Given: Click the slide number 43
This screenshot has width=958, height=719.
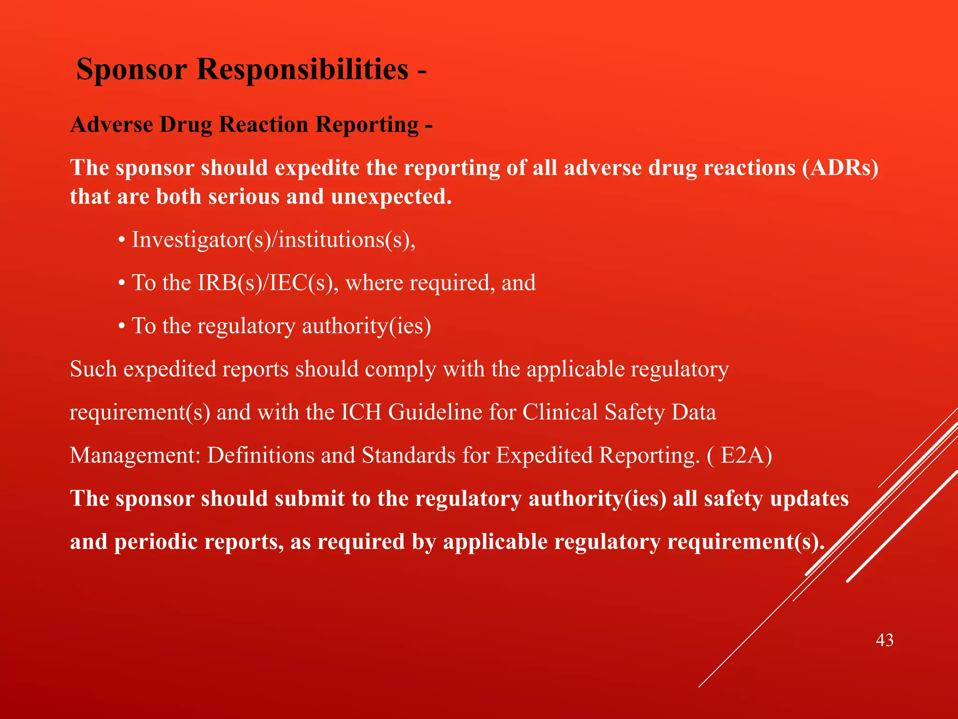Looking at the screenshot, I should point(884,640).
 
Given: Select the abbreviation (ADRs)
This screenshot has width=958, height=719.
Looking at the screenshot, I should point(840,168).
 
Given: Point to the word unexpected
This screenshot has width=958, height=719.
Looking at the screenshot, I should point(391,197).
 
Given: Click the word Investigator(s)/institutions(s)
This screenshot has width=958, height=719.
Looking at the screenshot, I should point(274,240).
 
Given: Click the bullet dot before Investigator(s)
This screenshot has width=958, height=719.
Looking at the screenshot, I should point(122,241).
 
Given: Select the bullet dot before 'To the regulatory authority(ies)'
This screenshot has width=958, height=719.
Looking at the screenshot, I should point(122,327).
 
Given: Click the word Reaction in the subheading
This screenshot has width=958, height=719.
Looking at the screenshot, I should point(263,125).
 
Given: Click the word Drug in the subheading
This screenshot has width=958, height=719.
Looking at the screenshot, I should point(186,125).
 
